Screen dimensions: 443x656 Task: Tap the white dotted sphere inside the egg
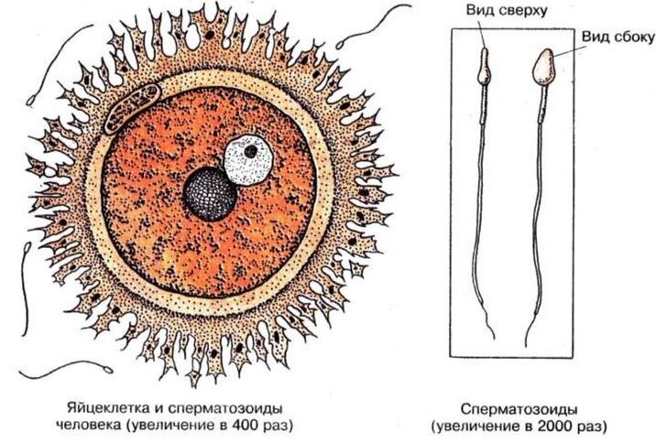click(249, 159)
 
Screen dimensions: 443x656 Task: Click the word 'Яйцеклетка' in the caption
click(104, 406)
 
